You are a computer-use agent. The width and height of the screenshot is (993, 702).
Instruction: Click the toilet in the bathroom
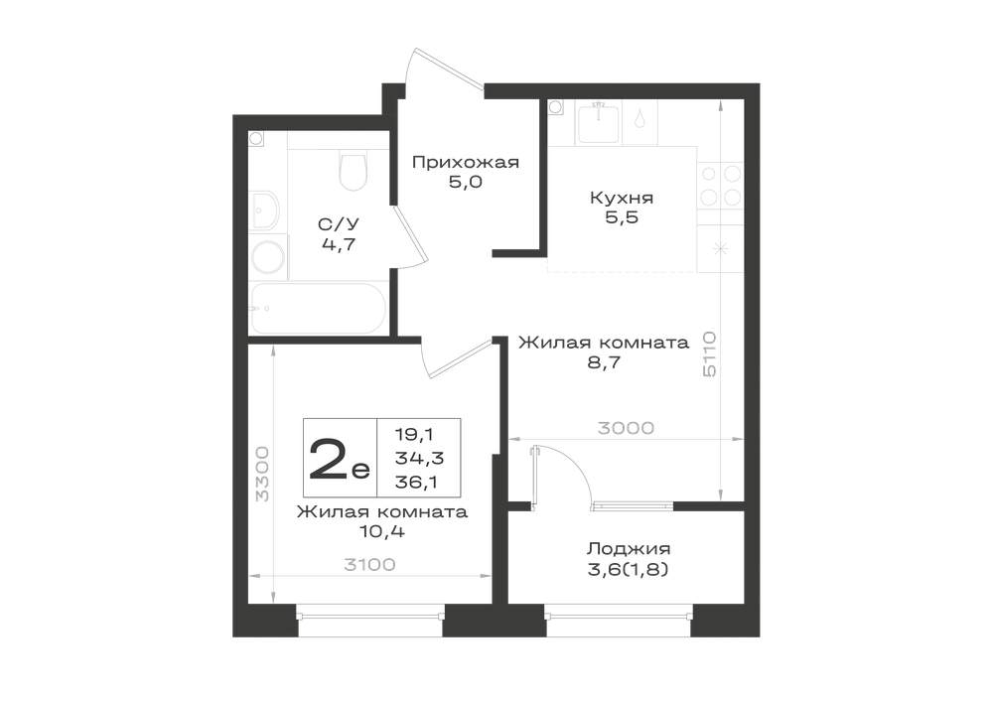click(353, 170)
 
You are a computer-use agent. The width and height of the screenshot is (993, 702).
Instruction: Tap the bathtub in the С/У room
click(318, 308)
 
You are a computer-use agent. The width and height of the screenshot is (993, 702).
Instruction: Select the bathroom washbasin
click(264, 211)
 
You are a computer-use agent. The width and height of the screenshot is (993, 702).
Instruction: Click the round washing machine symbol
click(267, 257)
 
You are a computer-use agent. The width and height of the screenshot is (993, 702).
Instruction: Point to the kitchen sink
click(597, 123)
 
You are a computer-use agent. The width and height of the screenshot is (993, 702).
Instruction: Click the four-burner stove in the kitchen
click(720, 186)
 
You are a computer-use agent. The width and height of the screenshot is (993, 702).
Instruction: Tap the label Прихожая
click(466, 162)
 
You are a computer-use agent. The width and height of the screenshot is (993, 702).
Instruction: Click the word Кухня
click(622, 198)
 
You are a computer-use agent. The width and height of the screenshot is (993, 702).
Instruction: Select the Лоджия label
click(629, 548)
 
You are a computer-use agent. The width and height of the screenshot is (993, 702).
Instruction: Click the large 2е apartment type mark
click(339, 459)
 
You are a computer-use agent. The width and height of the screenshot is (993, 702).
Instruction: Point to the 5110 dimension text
click(709, 353)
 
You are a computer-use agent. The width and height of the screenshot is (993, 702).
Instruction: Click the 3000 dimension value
click(626, 428)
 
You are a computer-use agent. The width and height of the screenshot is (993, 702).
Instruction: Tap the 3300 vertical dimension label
click(261, 474)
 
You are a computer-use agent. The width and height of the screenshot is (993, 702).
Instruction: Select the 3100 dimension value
click(369, 564)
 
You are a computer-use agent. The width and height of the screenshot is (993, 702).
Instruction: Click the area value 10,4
click(382, 531)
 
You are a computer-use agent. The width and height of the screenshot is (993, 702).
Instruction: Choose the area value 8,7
click(604, 362)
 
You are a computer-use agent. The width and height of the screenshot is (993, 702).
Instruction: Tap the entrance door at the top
click(443, 68)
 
